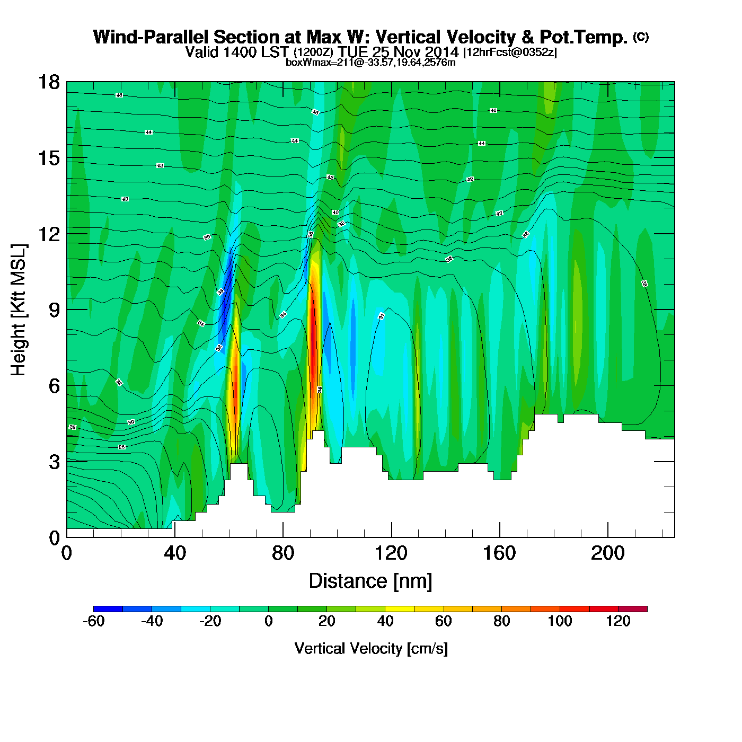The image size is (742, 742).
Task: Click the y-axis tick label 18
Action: (48, 83)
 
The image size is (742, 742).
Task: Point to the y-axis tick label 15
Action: (48, 158)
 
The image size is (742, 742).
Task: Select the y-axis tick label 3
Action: (54, 462)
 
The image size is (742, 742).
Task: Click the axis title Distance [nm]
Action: (370, 581)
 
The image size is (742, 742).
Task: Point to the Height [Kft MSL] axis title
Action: (19, 310)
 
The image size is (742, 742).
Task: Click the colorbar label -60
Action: (93, 621)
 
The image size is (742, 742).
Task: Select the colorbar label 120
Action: (618, 621)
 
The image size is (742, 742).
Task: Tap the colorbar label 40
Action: (385, 621)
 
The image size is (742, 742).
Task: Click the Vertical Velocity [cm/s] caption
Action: (371, 648)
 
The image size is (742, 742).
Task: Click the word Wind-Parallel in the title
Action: (151, 37)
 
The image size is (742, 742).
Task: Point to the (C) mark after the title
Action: (641, 37)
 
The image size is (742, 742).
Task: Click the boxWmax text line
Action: (370, 63)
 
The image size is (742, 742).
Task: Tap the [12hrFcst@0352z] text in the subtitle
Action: (510, 52)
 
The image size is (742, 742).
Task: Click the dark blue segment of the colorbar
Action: (108, 609)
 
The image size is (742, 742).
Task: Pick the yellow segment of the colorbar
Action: (400, 609)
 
